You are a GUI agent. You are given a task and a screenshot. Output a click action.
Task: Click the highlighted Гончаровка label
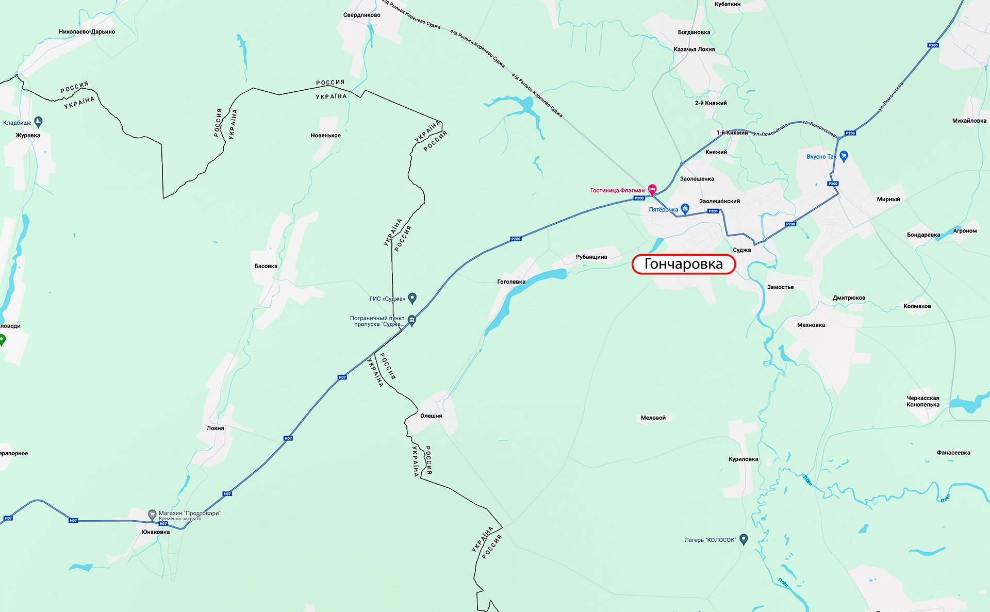pyautogui.click(x=683, y=264)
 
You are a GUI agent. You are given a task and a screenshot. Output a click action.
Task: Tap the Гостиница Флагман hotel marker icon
pyautogui.click(x=652, y=189)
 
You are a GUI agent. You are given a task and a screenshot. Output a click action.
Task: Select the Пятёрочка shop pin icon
pyautogui.click(x=685, y=208)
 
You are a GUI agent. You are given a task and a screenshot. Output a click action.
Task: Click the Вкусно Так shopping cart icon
pyautogui.click(x=844, y=156)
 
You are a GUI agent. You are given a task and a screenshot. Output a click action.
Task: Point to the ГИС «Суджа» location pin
pyautogui.click(x=412, y=297)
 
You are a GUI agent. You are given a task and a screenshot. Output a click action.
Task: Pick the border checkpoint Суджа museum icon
pyautogui.click(x=411, y=320)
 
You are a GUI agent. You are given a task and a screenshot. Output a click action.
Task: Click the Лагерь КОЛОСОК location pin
pyautogui.click(x=744, y=539)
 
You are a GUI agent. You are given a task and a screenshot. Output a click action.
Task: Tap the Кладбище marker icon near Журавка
pyautogui.click(x=38, y=122)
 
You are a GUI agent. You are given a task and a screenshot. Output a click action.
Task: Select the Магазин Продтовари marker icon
pyautogui.click(x=152, y=514)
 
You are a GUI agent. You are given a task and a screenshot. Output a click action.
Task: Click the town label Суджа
pyautogui.click(x=741, y=250)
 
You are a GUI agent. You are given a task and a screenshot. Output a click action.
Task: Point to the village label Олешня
pyautogui.click(x=431, y=416)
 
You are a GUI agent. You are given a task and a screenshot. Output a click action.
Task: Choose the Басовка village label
pyautogui.click(x=266, y=267)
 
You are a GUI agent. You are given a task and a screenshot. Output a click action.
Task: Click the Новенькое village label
pyautogui.click(x=325, y=136)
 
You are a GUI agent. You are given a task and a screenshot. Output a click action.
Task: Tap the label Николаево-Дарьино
pyautogui.click(x=87, y=32)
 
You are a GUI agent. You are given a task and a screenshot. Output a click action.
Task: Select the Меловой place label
pyautogui.click(x=653, y=418)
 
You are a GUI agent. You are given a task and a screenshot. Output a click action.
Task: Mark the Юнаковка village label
pyautogui.click(x=156, y=532)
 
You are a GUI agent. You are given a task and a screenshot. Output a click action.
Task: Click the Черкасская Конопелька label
pyautogui.click(x=922, y=401)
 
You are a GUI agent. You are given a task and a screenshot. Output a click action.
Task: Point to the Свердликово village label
pyautogui.click(x=361, y=15)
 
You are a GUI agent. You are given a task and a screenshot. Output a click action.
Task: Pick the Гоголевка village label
pyautogui.click(x=511, y=282)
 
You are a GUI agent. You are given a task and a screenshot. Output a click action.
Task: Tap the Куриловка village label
pyautogui.click(x=743, y=459)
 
